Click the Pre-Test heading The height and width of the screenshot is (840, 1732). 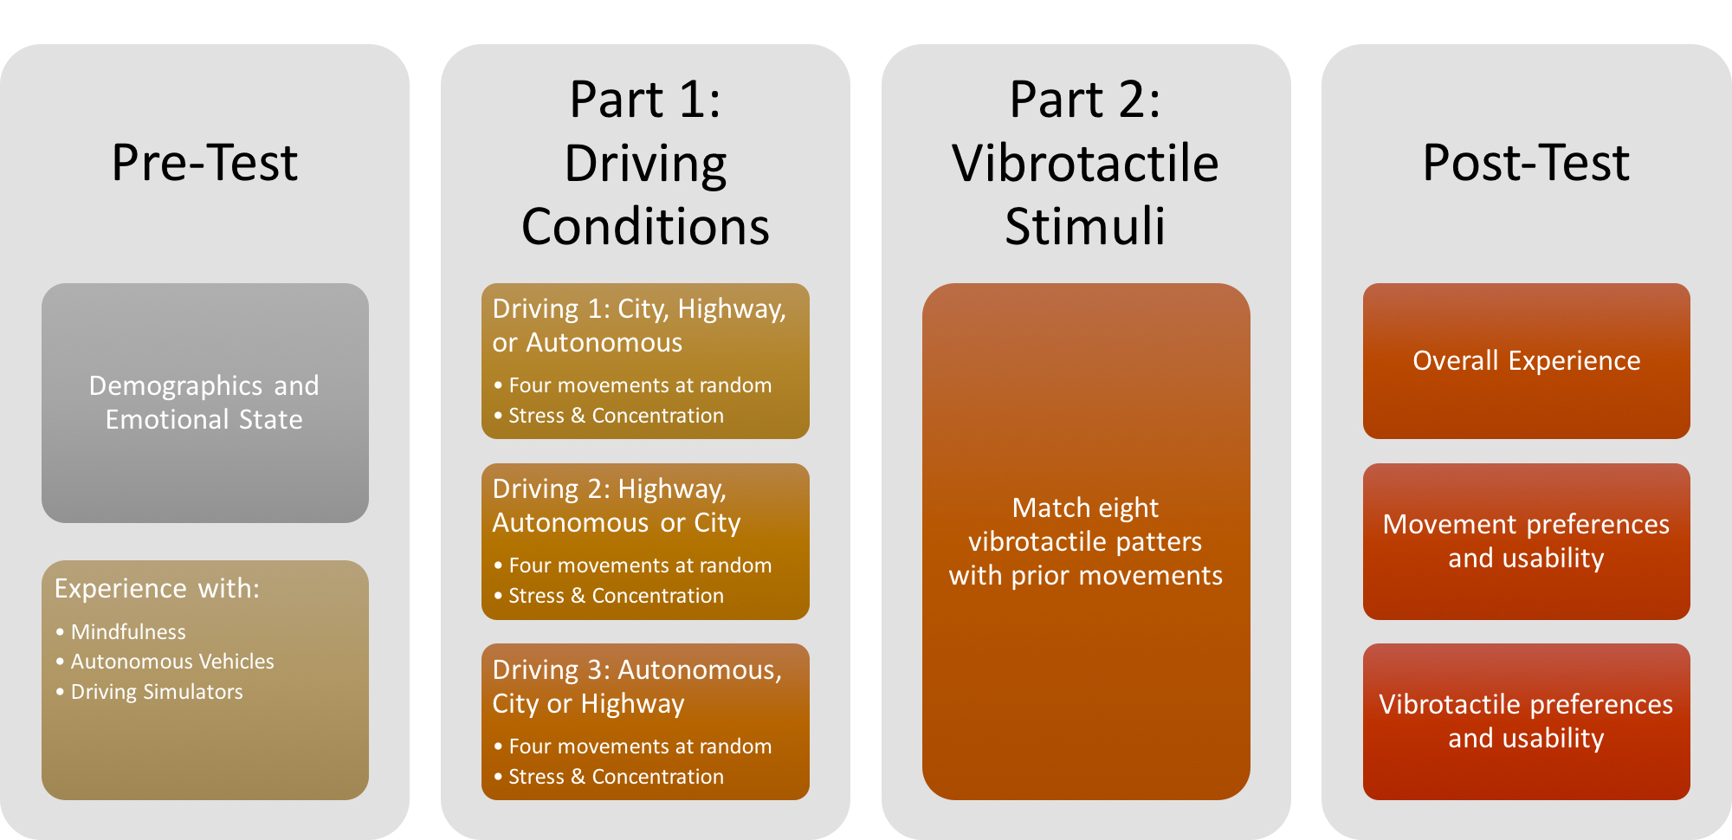click(204, 163)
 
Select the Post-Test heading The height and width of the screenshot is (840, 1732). click(1526, 163)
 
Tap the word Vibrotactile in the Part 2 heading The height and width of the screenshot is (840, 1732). click(1085, 164)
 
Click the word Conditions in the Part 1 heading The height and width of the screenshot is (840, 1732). click(645, 227)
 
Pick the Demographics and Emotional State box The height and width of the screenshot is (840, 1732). click(204, 403)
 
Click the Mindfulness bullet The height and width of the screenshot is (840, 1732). click(128, 632)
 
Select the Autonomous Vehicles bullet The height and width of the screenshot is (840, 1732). click(172, 662)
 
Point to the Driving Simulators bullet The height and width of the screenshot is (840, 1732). click(157, 692)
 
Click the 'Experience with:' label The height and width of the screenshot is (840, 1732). click(157, 589)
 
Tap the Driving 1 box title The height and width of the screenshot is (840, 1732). click(639, 326)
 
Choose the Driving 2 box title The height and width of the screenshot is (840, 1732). click(616, 506)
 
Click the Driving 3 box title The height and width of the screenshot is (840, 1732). click(637, 687)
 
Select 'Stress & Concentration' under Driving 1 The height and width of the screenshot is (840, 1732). click(616, 416)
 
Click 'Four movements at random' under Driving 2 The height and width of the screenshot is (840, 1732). click(640, 565)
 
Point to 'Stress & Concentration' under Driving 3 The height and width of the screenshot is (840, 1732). click(616, 777)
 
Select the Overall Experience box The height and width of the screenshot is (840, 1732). click(1526, 360)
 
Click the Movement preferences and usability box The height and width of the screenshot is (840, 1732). click(1526, 541)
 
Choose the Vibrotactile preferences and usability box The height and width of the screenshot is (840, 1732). click(1526, 721)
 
